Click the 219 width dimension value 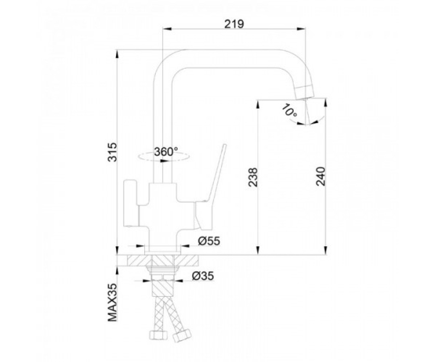pos(234,24)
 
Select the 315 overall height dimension pos(112,152)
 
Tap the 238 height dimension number pos(253,177)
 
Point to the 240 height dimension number pos(320,176)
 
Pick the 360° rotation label pos(166,152)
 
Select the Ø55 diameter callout pos(209,241)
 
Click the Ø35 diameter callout pos(203,276)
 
